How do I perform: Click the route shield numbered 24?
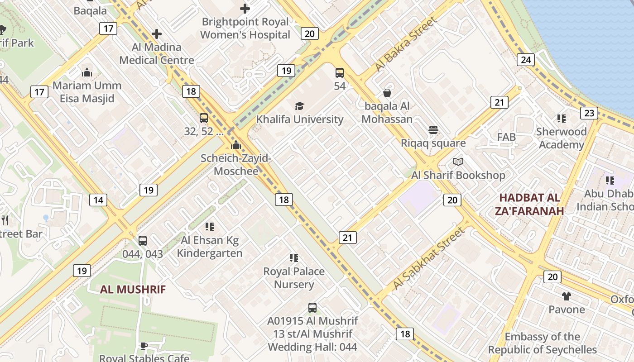526,59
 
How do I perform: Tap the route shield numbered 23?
589,113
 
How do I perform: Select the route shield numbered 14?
98,200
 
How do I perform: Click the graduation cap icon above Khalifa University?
299,106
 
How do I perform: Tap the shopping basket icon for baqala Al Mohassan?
387,93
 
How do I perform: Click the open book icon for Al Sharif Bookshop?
458,162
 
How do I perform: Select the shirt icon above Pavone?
566,296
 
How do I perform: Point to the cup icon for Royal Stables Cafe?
144,346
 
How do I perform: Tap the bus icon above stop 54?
340,73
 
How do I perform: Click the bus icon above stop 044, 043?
143,241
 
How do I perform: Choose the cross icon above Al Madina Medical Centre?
157,34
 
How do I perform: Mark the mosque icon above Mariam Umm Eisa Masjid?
87,72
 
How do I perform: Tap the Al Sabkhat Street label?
428,258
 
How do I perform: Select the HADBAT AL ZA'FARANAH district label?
531,204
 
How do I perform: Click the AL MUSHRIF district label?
133,290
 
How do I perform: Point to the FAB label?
506,137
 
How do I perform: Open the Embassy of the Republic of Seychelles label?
542,343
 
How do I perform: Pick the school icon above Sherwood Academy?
562,119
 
